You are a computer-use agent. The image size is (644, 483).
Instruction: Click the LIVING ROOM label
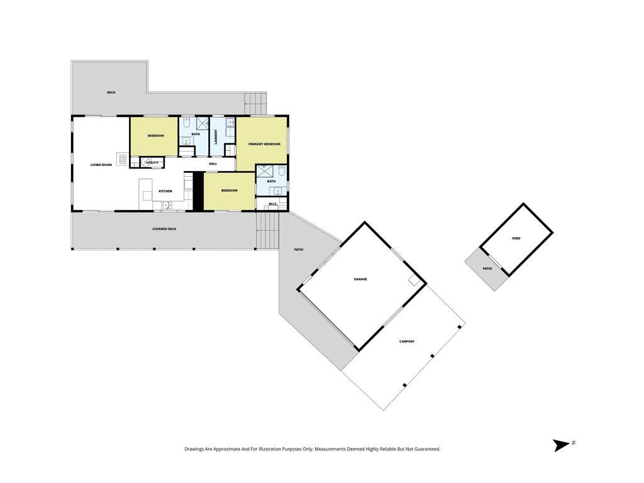click(101, 165)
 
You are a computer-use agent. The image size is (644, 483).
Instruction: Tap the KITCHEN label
click(165, 191)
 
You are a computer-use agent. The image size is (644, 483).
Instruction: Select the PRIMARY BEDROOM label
click(265, 144)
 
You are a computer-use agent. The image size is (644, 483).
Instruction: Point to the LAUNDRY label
click(216, 136)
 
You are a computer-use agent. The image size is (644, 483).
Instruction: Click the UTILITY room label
click(152, 163)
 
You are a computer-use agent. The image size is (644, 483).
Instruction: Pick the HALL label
click(213, 164)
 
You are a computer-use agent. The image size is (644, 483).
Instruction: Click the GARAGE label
click(360, 279)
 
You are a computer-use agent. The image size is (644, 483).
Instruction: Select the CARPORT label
click(407, 341)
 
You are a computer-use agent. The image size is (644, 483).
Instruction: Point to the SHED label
click(516, 238)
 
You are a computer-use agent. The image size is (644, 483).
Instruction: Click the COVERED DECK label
click(164, 229)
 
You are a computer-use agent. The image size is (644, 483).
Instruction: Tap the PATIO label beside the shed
click(487, 269)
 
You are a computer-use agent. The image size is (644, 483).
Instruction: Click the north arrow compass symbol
click(561, 445)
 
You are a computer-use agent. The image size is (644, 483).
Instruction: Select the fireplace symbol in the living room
click(123, 158)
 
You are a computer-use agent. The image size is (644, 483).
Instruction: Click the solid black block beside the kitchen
click(198, 192)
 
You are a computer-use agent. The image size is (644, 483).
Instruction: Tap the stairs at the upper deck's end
click(255, 104)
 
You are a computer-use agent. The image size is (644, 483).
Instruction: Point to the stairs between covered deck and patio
click(267, 230)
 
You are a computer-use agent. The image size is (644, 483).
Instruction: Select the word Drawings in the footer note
click(194, 449)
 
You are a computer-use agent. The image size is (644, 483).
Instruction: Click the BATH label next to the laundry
click(196, 135)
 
